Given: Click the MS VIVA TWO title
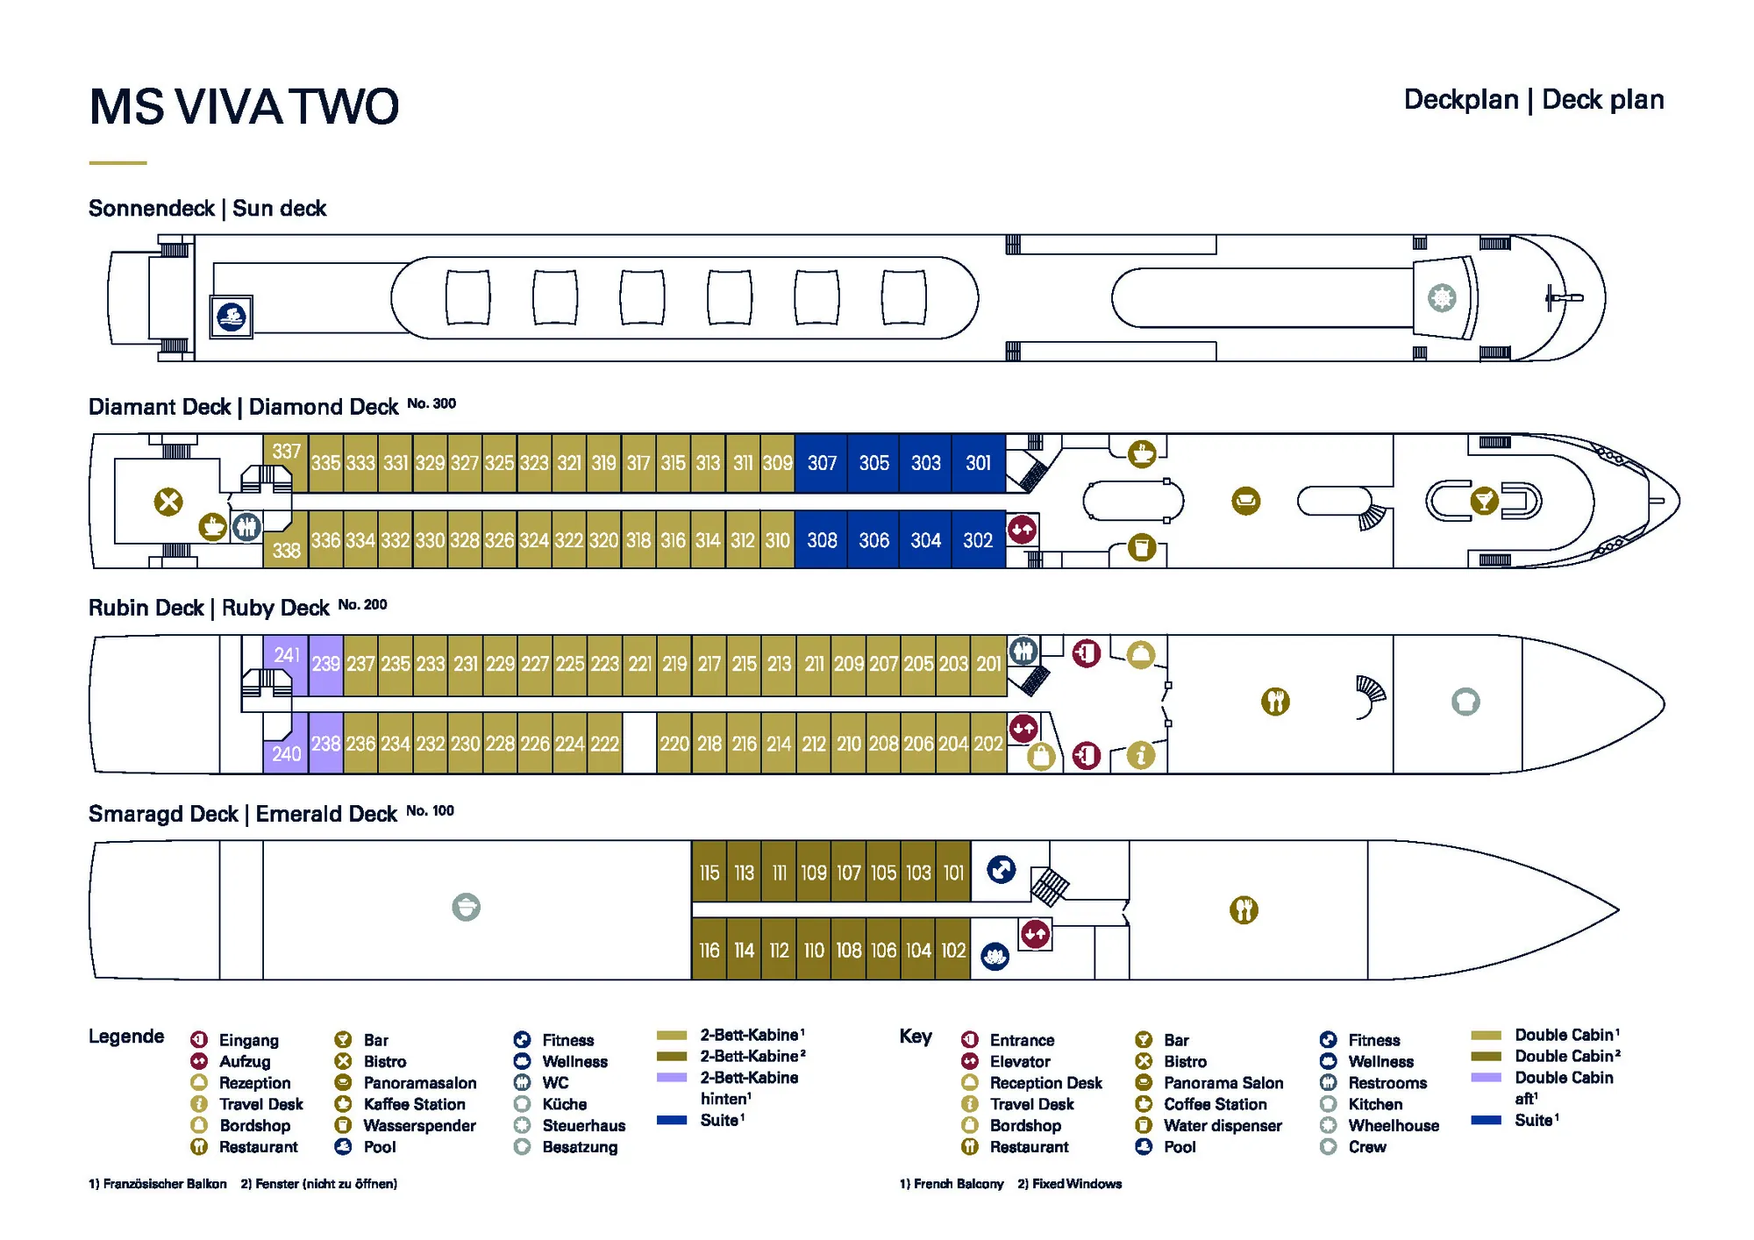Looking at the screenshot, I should [x=244, y=107].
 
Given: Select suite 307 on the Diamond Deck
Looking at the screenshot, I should [x=822, y=463].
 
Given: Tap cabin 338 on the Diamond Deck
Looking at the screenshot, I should [x=286, y=550].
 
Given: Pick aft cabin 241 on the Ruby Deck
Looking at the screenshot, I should [x=286, y=655].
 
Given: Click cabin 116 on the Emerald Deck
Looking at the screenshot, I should [x=709, y=951].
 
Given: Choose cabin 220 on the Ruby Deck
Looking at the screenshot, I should [x=674, y=744].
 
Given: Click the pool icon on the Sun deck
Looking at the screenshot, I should [x=232, y=317].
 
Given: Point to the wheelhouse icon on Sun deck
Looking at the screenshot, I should [x=1442, y=297].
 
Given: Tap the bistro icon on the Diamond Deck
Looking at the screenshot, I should [x=168, y=502].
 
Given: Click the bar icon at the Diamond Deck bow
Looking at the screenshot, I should [x=1484, y=501].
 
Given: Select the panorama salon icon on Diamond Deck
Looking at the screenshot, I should [x=1245, y=502].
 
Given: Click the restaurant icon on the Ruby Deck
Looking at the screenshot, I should [x=1275, y=702].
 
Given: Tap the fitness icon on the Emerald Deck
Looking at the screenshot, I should [x=1001, y=869].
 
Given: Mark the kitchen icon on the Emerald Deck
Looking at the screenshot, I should [x=466, y=907].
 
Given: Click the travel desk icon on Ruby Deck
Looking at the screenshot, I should [x=1140, y=755].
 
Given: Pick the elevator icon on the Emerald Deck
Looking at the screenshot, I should [x=1036, y=934].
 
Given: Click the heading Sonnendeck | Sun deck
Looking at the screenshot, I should [x=207, y=209].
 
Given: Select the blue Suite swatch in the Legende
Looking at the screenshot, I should [x=672, y=1120].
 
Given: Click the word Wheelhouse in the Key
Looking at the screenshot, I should [x=1394, y=1125].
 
